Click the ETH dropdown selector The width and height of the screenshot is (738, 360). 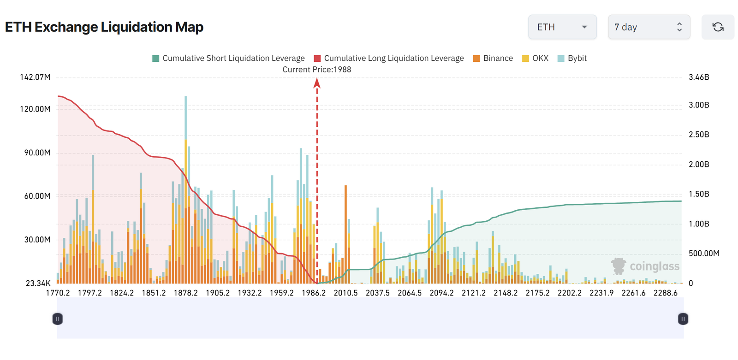562,27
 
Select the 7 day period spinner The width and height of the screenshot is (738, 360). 649,27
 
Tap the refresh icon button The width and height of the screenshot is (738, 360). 718,27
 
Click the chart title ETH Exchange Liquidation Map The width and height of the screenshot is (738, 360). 104,27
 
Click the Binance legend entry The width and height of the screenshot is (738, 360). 493,58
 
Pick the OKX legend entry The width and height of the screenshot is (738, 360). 536,58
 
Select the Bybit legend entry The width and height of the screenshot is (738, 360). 572,58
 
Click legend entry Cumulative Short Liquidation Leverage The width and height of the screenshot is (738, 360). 228,58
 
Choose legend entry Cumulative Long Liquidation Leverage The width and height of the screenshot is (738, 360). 389,58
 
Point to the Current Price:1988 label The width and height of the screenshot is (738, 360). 316,70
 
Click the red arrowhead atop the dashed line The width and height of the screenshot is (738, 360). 317,83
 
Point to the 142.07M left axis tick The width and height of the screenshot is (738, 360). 35,77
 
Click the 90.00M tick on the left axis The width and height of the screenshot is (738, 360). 37,153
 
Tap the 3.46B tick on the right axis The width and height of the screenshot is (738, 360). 699,77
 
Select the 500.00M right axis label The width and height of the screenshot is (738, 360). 704,253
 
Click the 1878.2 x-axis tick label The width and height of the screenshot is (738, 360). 186,293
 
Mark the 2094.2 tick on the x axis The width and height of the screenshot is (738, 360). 441,293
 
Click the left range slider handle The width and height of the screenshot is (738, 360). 58,319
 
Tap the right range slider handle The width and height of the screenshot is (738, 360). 683,319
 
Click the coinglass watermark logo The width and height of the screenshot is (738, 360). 645,266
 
